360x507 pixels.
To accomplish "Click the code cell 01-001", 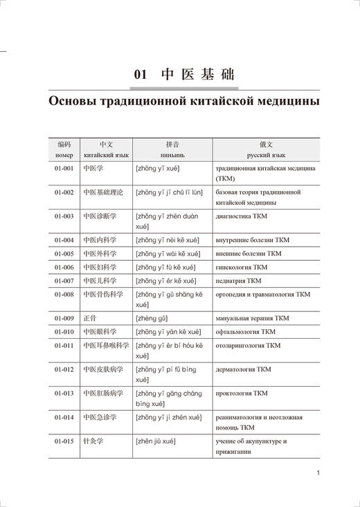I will (64, 168).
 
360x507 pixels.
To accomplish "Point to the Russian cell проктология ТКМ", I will (242, 394).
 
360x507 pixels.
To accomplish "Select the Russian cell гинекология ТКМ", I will (242, 267).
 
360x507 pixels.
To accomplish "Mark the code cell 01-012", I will (64, 369).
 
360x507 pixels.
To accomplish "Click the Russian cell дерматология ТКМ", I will (244, 369).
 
